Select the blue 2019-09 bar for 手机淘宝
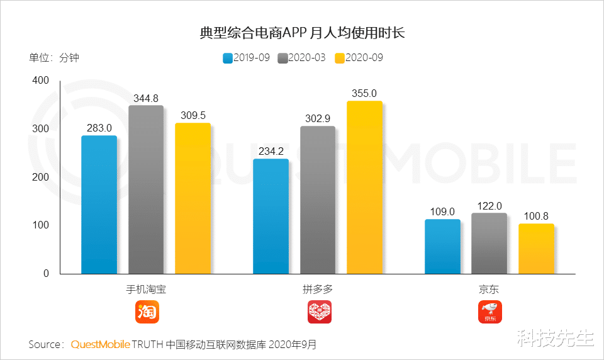click(99, 205)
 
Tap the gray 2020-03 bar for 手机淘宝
click(146, 189)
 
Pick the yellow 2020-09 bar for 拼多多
click(364, 187)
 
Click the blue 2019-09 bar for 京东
click(442, 246)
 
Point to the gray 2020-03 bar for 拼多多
click(318, 200)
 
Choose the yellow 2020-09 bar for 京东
click(536, 249)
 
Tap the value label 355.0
click(364, 93)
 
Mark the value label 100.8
click(536, 216)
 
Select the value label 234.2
click(271, 151)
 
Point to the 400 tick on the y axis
click(40, 81)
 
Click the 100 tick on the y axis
click(40, 225)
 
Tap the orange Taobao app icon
click(147, 312)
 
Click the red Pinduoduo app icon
click(319, 312)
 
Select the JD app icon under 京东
click(490, 312)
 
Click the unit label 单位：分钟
click(54, 58)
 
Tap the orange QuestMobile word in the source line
click(100, 345)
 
